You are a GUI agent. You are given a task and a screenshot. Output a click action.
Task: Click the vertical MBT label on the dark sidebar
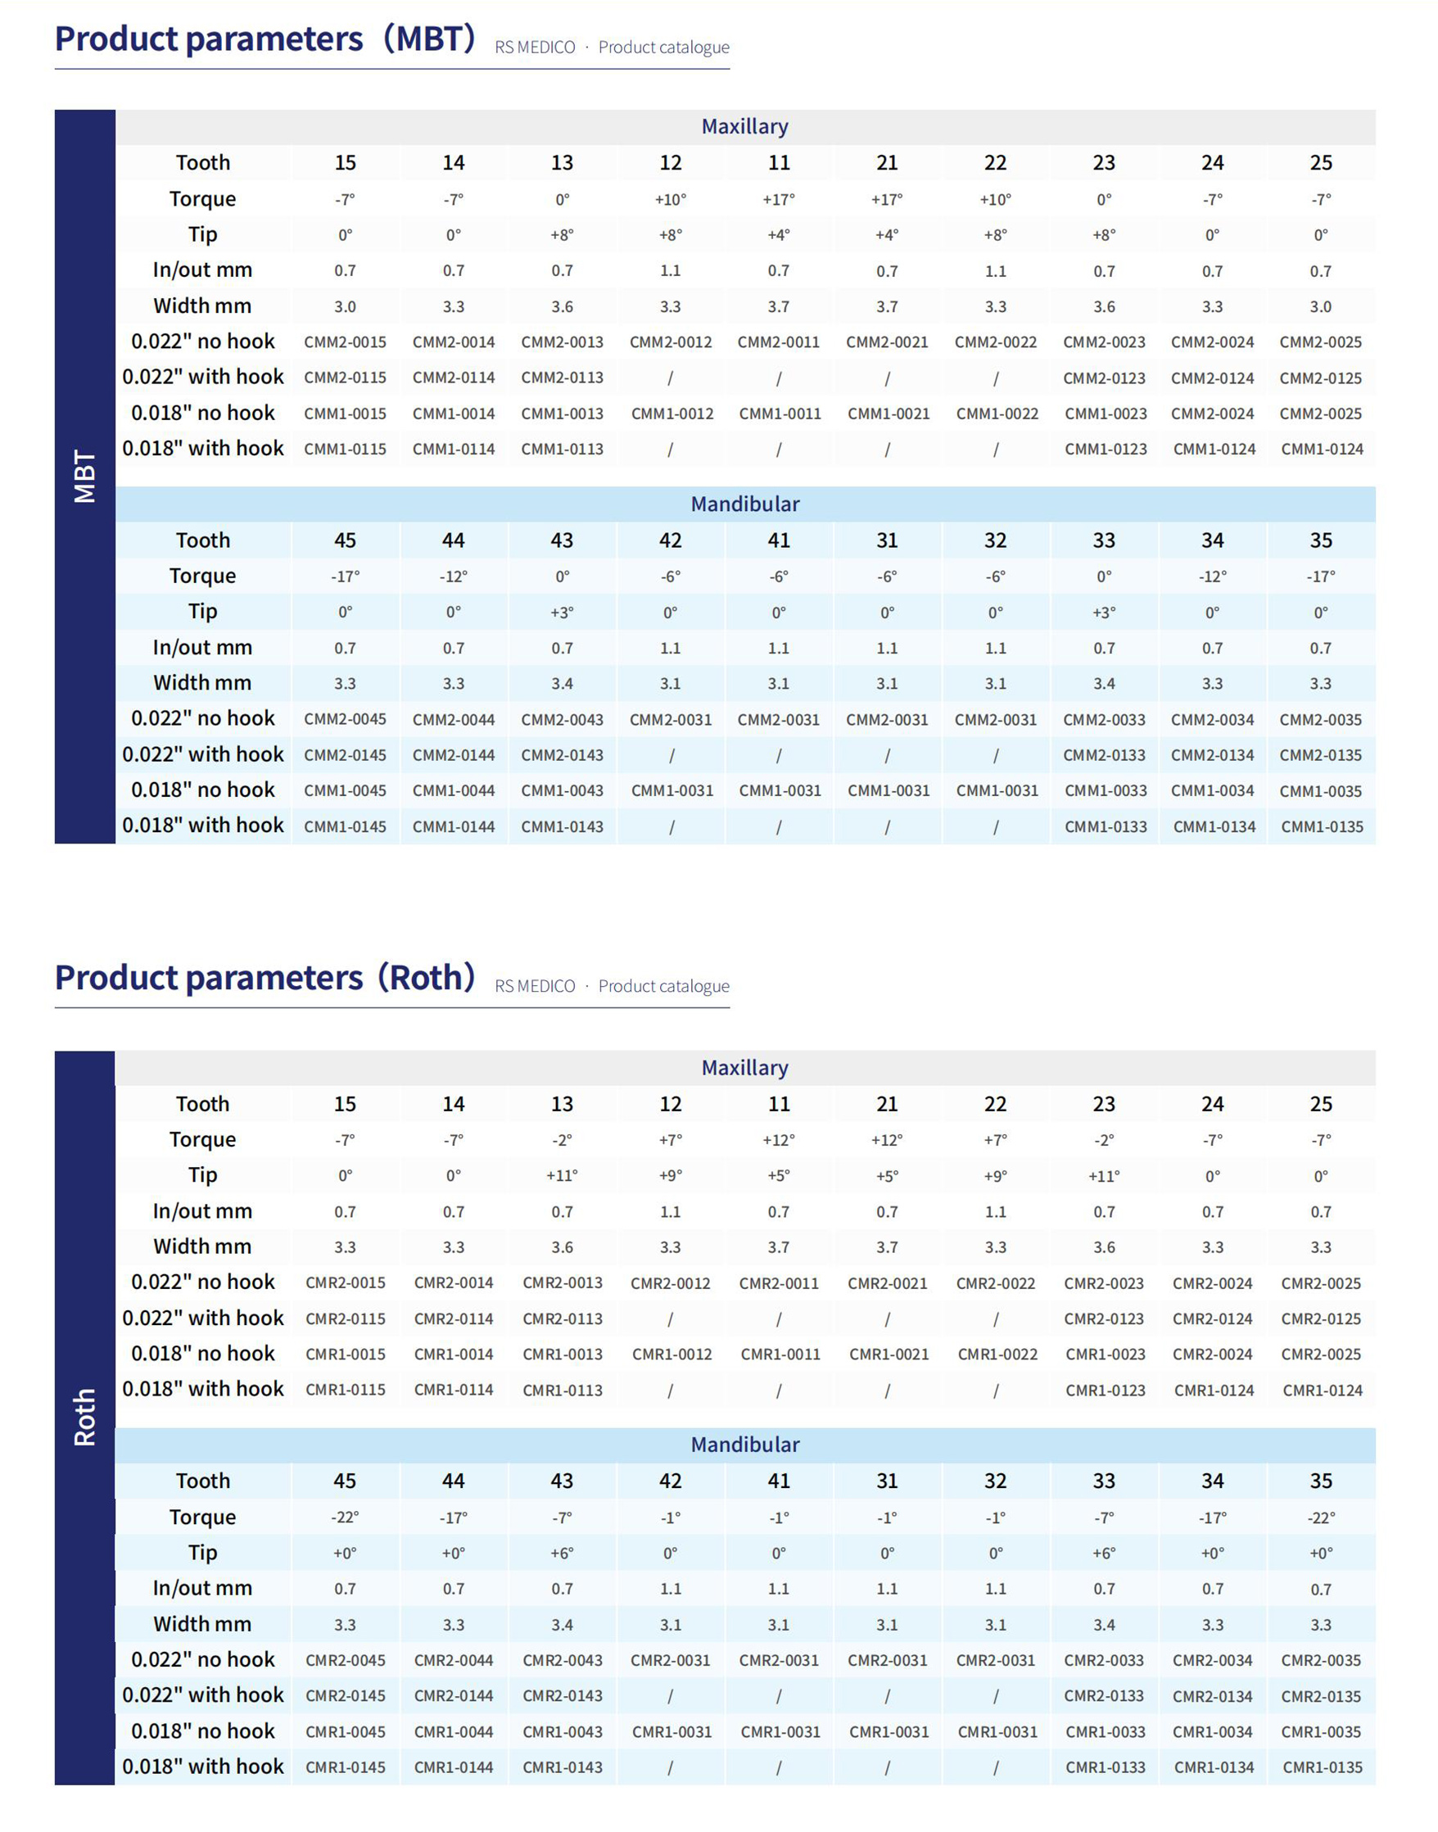point(84,477)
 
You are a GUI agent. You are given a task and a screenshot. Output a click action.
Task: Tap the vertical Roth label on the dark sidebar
point(84,1417)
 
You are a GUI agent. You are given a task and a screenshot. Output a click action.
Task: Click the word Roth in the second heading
point(427,978)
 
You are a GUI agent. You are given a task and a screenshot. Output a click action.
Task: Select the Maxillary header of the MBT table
point(745,126)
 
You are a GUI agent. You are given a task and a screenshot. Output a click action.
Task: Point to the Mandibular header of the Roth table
point(745,1445)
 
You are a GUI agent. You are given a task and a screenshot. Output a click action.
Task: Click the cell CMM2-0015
point(346,342)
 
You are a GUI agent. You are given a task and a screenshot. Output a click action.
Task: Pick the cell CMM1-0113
point(563,450)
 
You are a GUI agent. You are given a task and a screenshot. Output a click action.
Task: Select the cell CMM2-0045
point(346,720)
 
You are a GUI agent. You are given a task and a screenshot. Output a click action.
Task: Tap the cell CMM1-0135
point(1322,827)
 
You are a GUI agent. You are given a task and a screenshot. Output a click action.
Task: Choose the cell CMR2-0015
point(346,1283)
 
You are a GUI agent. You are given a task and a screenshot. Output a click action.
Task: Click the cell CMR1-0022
point(997,1355)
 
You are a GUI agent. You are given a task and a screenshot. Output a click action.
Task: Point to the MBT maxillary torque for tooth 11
point(779,200)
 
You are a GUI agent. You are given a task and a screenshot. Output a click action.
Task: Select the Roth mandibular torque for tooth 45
point(346,1518)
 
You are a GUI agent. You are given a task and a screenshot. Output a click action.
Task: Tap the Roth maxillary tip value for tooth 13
point(563,1176)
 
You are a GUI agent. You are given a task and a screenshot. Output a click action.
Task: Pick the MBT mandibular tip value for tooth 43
point(563,613)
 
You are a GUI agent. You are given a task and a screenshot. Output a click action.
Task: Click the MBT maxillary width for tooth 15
point(346,307)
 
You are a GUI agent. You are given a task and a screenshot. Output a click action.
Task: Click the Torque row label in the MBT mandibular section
point(203,577)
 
